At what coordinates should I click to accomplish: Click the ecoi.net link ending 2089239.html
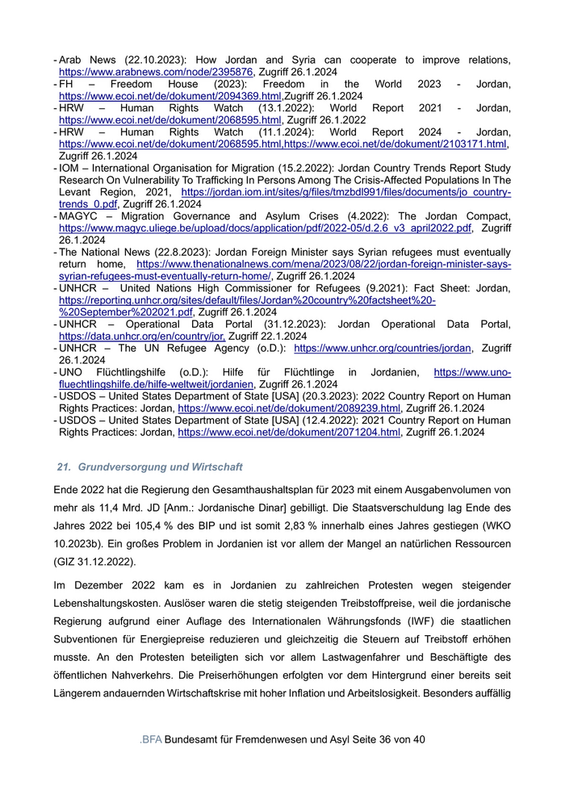289,408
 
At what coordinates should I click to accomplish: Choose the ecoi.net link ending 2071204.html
289,433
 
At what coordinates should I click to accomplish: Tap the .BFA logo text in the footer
150,739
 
